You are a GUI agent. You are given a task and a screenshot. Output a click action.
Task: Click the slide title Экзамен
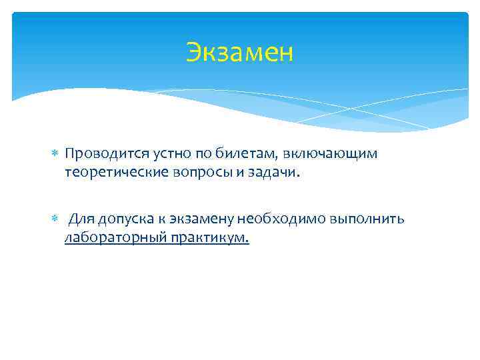pyautogui.click(x=239, y=51)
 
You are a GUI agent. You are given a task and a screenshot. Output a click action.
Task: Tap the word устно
pyautogui.click(x=158, y=154)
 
